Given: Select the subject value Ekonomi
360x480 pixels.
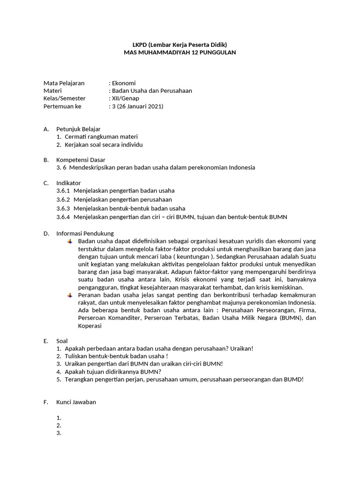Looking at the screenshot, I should pyautogui.click(x=124, y=83).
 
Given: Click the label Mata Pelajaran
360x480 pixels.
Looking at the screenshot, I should pyautogui.click(x=64, y=83).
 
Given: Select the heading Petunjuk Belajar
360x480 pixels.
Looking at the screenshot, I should pyautogui.click(x=78, y=129).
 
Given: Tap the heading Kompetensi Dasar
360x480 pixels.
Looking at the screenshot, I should pyautogui.click(x=81, y=160).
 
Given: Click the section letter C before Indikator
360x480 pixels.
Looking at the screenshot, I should pyautogui.click(x=45, y=183).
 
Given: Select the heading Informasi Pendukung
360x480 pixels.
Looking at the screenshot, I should pyautogui.click(x=85, y=233).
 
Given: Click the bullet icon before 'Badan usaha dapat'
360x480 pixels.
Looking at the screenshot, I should pyautogui.click(x=69, y=241).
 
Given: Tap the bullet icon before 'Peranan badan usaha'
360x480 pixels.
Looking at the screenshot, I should pyautogui.click(x=69, y=295).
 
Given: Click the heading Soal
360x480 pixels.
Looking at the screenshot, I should pyautogui.click(x=62, y=341).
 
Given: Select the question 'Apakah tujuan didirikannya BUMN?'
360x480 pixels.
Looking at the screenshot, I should pyautogui.click(x=113, y=372).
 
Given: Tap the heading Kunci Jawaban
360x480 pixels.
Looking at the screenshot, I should pyautogui.click(x=76, y=402).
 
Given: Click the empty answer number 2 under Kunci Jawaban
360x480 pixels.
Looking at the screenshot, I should pyautogui.click(x=59, y=426).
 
